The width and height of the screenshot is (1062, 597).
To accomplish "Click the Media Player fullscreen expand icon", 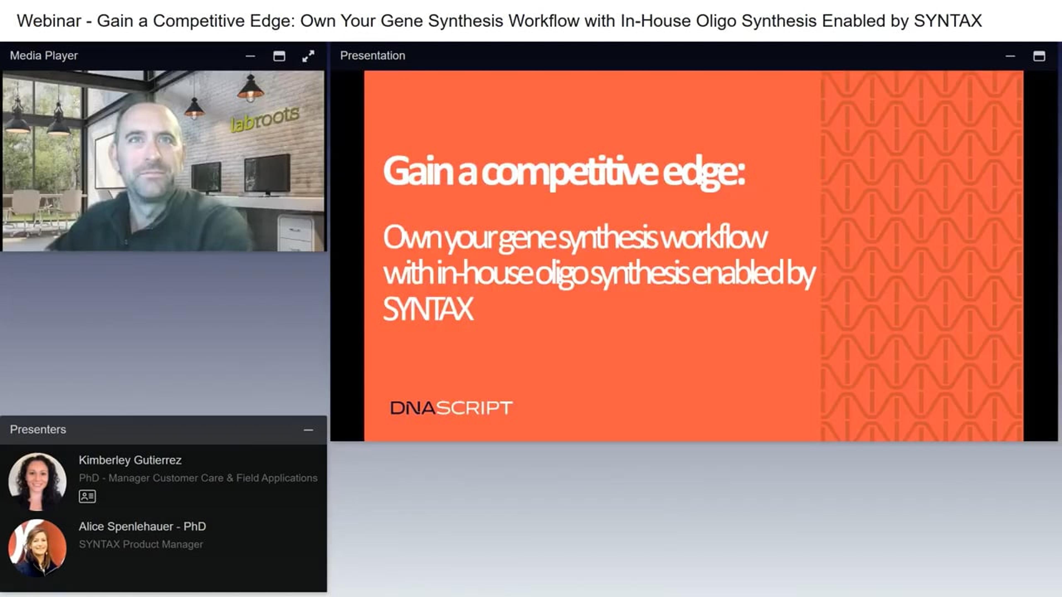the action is click(308, 56).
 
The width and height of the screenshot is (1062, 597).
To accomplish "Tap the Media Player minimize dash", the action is click(250, 56).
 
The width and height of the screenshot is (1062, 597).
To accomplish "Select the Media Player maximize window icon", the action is click(279, 56).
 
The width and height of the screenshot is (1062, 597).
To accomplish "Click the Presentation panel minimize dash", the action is click(1010, 56).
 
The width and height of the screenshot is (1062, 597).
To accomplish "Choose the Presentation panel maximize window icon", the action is click(1039, 56).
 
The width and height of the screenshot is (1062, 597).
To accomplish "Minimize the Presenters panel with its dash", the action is click(308, 430).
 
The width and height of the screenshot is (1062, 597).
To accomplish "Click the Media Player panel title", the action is click(44, 56).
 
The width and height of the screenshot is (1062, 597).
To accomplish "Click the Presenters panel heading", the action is click(38, 429).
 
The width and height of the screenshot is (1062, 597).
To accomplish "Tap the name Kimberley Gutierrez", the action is click(130, 460).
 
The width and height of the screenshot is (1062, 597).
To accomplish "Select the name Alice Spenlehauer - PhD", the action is click(142, 527).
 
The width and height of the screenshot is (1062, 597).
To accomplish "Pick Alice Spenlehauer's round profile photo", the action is click(38, 548).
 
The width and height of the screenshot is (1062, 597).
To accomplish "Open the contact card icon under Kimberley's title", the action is click(87, 496).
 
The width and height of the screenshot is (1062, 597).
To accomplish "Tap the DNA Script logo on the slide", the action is click(451, 408).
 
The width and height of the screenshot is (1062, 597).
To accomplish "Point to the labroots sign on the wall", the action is click(265, 119).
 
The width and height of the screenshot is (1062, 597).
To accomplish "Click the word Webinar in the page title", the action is click(49, 21).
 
